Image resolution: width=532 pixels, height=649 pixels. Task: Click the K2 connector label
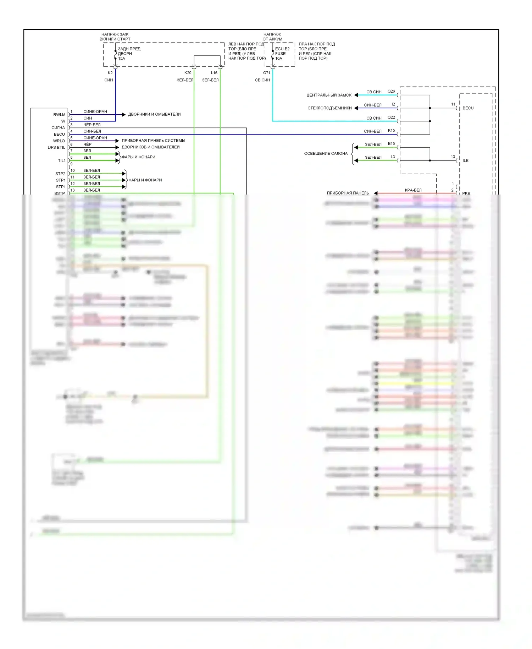pyautogui.click(x=110, y=73)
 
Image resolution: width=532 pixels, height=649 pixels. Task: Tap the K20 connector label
pyautogui.click(x=188, y=73)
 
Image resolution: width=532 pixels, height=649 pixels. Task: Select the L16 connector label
pyautogui.click(x=214, y=73)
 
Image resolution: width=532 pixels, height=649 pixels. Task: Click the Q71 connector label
pyautogui.click(x=266, y=73)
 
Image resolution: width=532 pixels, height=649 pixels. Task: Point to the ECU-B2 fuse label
pyautogui.click(x=282, y=49)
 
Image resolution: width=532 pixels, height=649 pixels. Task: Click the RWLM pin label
pyautogui.click(x=59, y=115)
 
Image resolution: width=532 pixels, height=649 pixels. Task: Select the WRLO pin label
pyautogui.click(x=59, y=141)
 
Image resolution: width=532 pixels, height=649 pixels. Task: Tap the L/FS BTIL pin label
pyautogui.click(x=56, y=147)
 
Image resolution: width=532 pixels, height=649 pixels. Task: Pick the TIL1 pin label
pyautogui.click(x=62, y=160)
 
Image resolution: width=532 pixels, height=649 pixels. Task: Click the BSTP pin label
pyautogui.click(x=60, y=193)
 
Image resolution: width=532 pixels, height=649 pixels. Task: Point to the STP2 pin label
pyautogui.click(x=60, y=174)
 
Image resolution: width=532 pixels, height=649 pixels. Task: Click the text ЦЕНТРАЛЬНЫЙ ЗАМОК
pyautogui.click(x=329, y=95)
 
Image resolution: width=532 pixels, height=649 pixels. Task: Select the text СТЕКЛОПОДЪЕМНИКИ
pyautogui.click(x=329, y=108)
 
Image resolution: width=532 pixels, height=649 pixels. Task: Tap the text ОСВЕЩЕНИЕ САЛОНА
pyautogui.click(x=326, y=153)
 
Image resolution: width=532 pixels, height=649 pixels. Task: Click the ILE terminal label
pyautogui.click(x=465, y=160)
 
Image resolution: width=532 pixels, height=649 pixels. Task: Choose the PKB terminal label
pyautogui.click(x=466, y=193)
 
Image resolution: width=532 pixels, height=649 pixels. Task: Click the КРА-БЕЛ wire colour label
pyautogui.click(x=413, y=190)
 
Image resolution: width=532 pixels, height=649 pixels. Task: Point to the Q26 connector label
pyautogui.click(x=391, y=91)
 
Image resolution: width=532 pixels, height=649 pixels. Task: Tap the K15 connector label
pyautogui.click(x=391, y=130)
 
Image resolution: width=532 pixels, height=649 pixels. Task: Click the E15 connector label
pyautogui.click(x=391, y=143)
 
